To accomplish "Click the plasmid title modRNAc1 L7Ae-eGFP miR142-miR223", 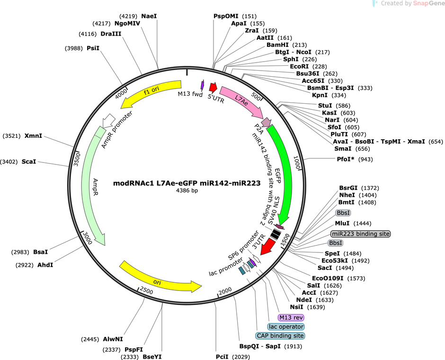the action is tap(187, 183).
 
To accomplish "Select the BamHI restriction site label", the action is tap(277, 45).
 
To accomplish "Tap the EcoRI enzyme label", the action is tap(299, 66).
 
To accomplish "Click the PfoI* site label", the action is tap(346, 159).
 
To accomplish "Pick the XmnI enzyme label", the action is tap(33, 135).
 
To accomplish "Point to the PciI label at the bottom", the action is tap(222, 357).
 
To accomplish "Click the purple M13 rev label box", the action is tap(291, 317).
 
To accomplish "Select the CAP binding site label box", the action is tap(280, 336).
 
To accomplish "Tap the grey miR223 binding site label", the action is tap(360, 234).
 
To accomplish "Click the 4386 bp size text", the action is tap(187, 190).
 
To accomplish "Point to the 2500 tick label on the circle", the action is tap(146, 290).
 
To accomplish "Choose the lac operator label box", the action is tap(286, 327).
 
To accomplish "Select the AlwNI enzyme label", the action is tap(113, 339).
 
